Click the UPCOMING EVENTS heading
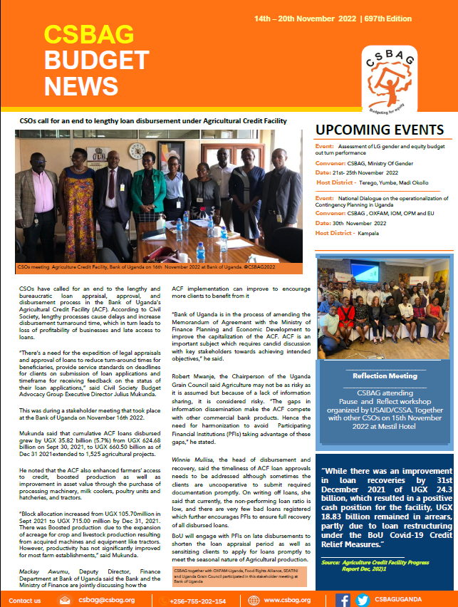(379, 131)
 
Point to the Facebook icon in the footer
(343, 601)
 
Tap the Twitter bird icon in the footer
(363, 601)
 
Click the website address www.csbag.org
(287, 601)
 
